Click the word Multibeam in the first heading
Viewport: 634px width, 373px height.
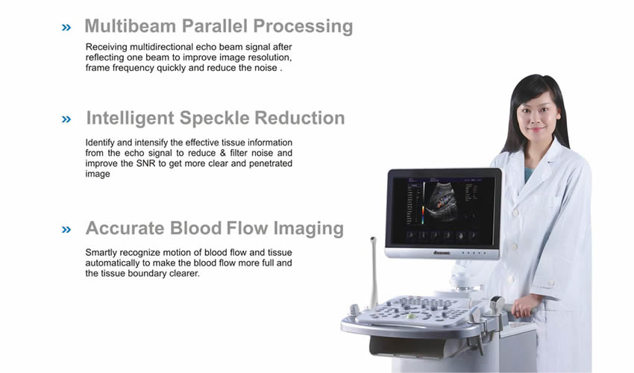(x=131, y=26)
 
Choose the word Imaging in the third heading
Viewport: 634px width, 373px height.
(x=309, y=229)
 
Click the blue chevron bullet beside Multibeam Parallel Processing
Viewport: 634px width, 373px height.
(x=66, y=28)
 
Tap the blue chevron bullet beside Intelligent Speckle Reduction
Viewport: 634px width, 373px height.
(x=66, y=119)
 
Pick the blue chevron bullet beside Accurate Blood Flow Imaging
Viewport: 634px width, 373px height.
(x=66, y=230)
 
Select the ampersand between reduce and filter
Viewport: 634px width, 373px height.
(x=223, y=153)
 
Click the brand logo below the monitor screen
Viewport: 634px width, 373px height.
(x=442, y=253)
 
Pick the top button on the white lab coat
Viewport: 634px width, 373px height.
(x=516, y=212)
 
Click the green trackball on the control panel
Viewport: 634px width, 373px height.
(x=410, y=316)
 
